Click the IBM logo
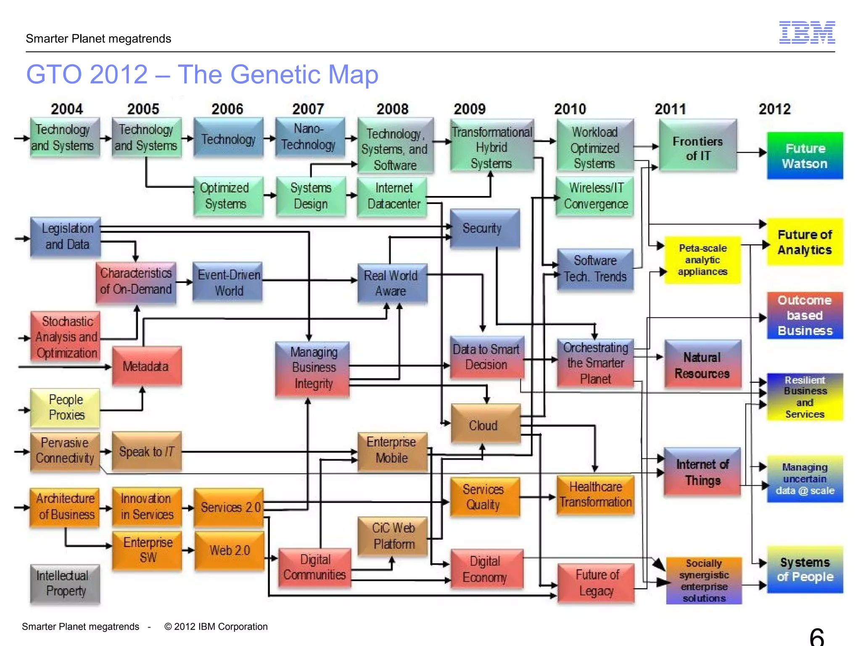[807, 32]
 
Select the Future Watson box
[805, 156]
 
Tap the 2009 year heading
[470, 109]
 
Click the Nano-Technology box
[310, 137]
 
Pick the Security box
[484, 228]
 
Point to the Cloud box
[485, 425]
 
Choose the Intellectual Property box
[65, 583]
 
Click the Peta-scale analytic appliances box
[702, 260]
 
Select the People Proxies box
[65, 407]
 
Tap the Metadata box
[146, 366]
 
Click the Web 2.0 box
[230, 550]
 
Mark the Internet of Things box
[702, 472]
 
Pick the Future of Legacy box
[596, 582]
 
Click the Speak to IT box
[146, 452]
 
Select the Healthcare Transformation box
[595, 495]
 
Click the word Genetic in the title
[277, 75]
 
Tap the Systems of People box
[805, 569]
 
